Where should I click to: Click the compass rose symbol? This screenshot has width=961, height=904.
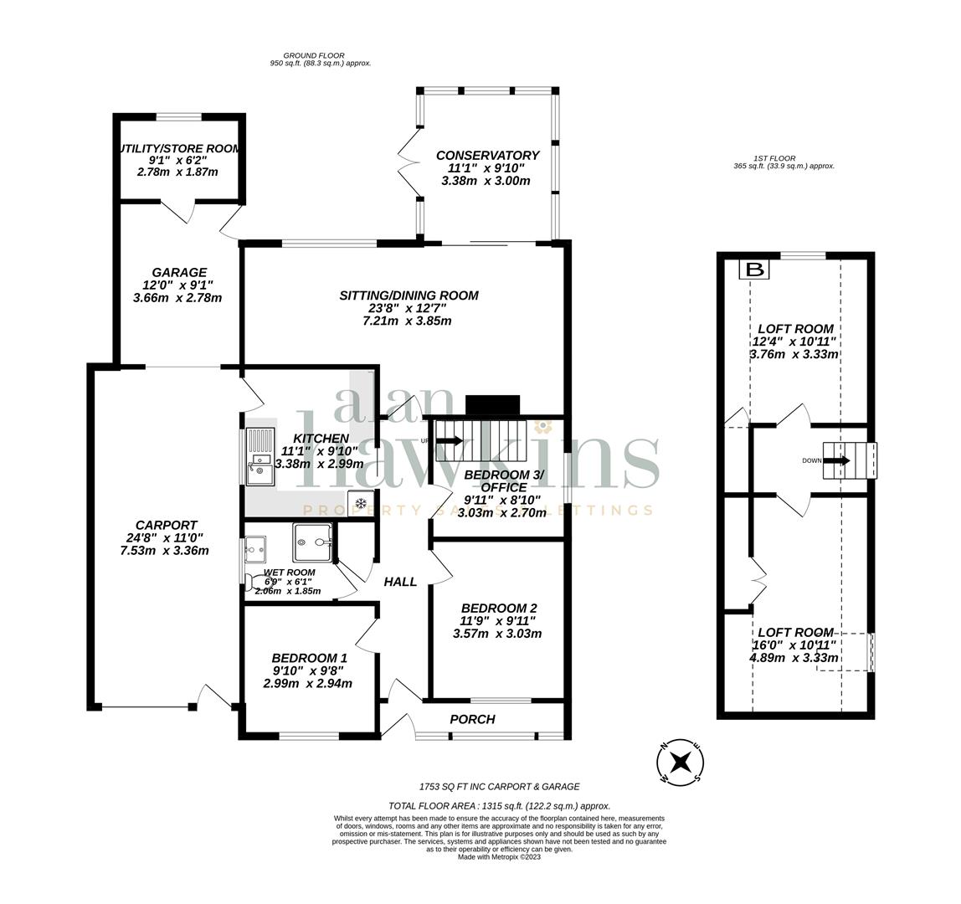click(x=680, y=763)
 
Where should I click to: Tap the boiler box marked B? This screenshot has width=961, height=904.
click(x=754, y=270)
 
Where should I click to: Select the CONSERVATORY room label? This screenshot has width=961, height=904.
click(x=487, y=156)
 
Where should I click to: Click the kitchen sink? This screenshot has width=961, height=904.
click(x=260, y=456)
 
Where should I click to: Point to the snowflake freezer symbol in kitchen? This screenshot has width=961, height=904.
click(x=361, y=503)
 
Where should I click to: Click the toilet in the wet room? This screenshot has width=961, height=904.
click(x=250, y=579)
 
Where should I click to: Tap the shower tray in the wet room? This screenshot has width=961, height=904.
click(x=312, y=542)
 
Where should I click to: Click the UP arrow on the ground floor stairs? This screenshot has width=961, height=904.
click(x=449, y=440)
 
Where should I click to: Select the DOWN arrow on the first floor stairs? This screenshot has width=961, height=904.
click(x=836, y=460)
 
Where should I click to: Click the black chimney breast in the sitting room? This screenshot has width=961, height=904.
click(x=492, y=405)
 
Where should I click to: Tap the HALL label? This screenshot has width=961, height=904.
click(x=400, y=582)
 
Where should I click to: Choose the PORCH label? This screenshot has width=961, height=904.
click(x=472, y=719)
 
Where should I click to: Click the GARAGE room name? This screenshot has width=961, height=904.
click(x=179, y=273)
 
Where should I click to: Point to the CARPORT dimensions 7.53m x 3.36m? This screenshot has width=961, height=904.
click(x=164, y=551)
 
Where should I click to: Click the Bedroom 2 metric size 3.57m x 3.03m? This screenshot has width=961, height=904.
click(x=497, y=634)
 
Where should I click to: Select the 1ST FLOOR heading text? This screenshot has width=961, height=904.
click(x=774, y=158)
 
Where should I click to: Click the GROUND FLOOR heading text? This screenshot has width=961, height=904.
click(x=314, y=56)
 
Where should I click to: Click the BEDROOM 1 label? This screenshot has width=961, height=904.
click(x=310, y=659)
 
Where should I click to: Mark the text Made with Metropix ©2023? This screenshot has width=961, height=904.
click(x=499, y=856)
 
